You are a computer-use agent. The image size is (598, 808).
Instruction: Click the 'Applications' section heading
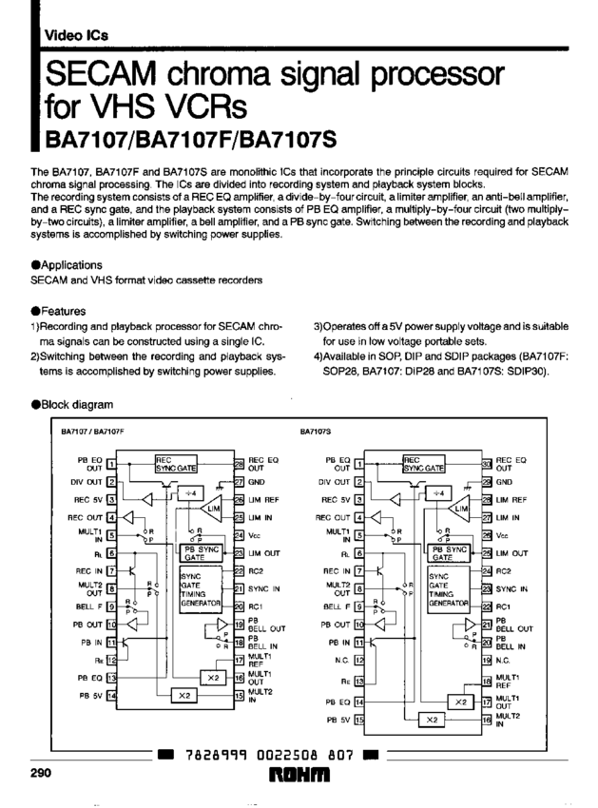click(70, 264)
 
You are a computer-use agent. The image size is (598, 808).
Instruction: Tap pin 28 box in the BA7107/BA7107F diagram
click(239, 464)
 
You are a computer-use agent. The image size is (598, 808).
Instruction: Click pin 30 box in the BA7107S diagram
click(487, 464)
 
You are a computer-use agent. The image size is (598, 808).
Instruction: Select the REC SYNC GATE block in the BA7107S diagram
click(424, 464)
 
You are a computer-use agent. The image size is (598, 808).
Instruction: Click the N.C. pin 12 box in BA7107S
click(359, 658)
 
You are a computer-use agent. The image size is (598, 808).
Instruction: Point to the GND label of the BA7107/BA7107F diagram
click(256, 481)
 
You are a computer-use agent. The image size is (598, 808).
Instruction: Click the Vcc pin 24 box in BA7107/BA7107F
click(239, 534)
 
